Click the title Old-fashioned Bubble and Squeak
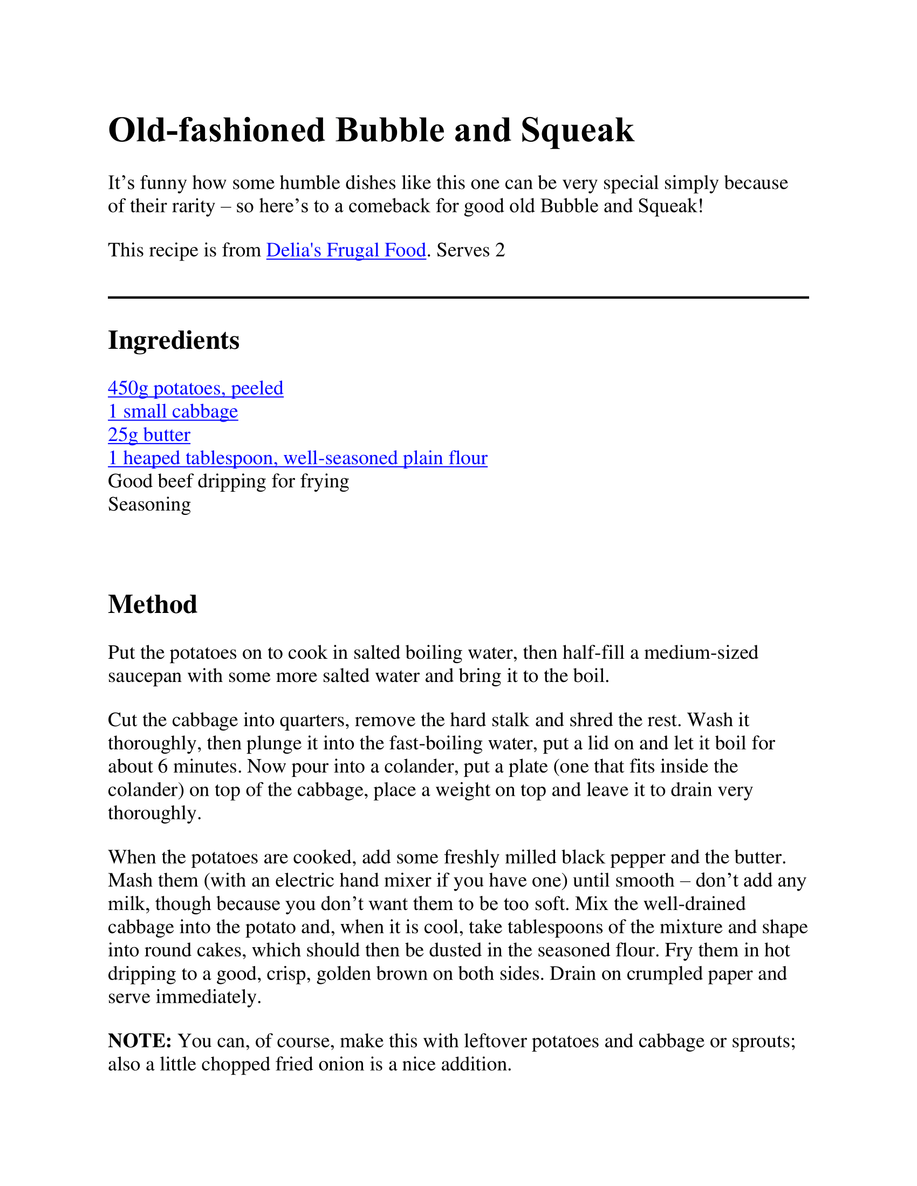(x=371, y=130)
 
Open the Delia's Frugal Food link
(x=346, y=250)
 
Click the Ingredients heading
(x=173, y=341)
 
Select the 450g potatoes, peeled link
(x=196, y=388)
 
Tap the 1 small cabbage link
(x=173, y=412)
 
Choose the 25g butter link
(x=149, y=435)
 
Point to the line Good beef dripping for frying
(x=228, y=481)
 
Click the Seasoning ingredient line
(x=149, y=505)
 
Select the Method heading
(x=153, y=604)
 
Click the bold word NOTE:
(x=140, y=1041)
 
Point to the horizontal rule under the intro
(x=458, y=297)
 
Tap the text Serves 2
(x=470, y=250)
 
